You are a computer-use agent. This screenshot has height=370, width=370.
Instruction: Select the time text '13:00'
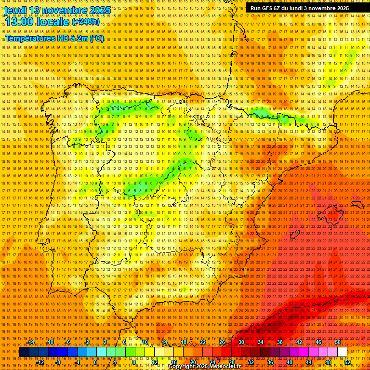click(x=20, y=22)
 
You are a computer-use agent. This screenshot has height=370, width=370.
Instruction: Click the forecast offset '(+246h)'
click(x=86, y=22)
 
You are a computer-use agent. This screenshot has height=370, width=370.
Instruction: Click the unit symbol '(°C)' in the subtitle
click(x=97, y=38)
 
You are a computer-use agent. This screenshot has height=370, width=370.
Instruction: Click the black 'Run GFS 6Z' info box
click(x=300, y=8)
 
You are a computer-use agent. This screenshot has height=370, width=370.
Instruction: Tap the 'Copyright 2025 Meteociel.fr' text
click(x=204, y=367)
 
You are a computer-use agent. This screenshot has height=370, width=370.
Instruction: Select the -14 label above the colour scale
click(x=31, y=342)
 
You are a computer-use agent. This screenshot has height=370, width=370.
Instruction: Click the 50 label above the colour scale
click(x=337, y=342)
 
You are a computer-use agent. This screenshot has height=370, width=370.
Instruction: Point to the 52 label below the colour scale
click(x=347, y=362)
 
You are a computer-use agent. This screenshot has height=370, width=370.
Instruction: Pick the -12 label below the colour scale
click(x=40, y=362)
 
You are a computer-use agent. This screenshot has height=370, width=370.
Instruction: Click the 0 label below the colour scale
click(x=96, y=362)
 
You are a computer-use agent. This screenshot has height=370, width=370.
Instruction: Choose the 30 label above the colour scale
click(x=241, y=342)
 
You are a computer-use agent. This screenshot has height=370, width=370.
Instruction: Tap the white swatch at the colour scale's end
click(x=342, y=352)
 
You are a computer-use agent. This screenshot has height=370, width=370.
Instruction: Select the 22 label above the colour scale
click(x=203, y=342)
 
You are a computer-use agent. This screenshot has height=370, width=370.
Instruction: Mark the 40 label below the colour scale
click(x=290, y=362)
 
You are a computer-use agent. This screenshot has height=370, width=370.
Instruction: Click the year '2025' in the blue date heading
click(x=100, y=10)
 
